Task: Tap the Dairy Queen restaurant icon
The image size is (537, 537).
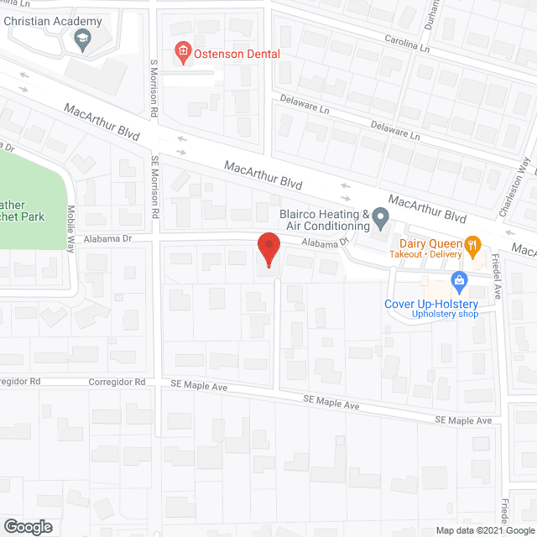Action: (473, 244)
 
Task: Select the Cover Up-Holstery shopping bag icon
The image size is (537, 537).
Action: (458, 279)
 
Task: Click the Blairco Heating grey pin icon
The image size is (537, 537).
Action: (380, 220)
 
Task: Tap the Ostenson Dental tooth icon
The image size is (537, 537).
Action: (181, 54)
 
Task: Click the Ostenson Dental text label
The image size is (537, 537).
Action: (238, 54)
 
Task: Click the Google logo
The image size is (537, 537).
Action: (28, 526)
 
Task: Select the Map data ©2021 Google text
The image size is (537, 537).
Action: (484, 530)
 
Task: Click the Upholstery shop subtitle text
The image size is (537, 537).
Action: (444, 315)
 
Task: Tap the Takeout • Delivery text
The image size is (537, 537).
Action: (427, 253)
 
